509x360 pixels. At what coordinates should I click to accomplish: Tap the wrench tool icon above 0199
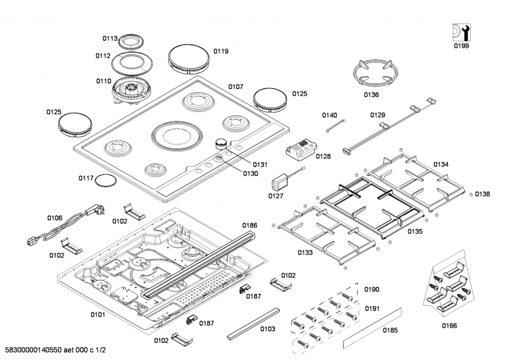459,32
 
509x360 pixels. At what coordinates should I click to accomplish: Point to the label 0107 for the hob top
236,86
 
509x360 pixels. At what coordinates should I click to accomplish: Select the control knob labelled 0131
221,144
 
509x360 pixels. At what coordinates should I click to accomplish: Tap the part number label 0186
249,225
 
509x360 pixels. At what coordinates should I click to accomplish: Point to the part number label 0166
449,326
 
